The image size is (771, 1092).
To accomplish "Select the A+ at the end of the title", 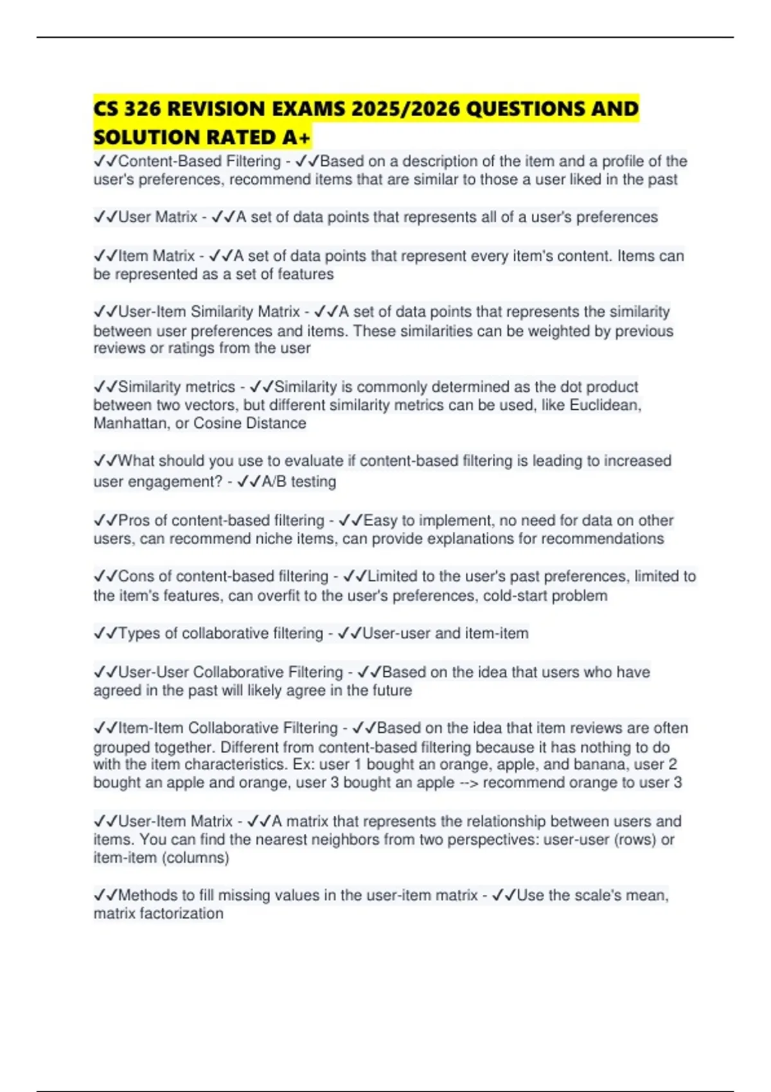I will click(x=296, y=137).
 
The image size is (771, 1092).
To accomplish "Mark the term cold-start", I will click(x=518, y=595).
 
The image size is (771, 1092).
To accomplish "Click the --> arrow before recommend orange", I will click(x=468, y=782).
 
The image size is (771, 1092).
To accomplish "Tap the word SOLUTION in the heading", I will click(x=146, y=137).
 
